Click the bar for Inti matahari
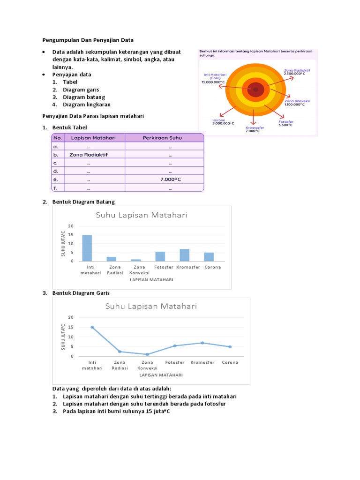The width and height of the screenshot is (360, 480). tap(87, 248)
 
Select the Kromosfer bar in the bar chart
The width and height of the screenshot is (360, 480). tap(185, 255)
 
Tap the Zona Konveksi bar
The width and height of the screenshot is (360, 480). tap(136, 260)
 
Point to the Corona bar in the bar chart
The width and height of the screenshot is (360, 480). tap(209, 256)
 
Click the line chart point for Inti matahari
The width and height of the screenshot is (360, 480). tap(92, 327)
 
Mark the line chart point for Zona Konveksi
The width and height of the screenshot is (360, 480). tap(147, 354)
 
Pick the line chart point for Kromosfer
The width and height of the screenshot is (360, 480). tap(202, 343)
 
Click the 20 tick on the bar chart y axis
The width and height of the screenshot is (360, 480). tap(71, 226)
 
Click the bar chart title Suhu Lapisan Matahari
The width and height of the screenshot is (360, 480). tap(142, 215)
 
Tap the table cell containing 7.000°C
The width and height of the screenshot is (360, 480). tap(170, 180)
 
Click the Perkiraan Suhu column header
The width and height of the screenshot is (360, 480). tap(163, 137)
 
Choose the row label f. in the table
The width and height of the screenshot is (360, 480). tap(55, 188)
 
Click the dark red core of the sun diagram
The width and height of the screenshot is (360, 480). tap(255, 90)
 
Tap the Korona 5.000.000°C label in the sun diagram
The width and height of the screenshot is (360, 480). tap(223, 121)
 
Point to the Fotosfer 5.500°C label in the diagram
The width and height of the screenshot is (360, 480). tap(286, 123)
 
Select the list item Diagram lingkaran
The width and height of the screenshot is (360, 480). tap(87, 105)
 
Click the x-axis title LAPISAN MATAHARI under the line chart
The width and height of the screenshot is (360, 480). tap(160, 375)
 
